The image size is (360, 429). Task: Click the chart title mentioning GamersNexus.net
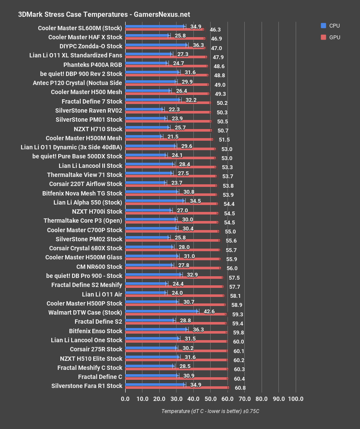pyautogui.click(x=104, y=14)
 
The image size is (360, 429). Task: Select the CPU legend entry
pyautogui.click(x=331, y=26)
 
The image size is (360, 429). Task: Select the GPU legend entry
pyautogui.click(x=331, y=38)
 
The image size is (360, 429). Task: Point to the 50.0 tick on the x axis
pyautogui.click(x=210, y=398)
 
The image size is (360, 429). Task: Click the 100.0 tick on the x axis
pyautogui.click(x=296, y=398)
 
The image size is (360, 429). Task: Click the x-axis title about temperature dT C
pyautogui.click(x=210, y=411)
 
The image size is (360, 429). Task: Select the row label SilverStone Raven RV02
pyautogui.click(x=89, y=110)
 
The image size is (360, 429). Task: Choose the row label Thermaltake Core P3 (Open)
pyautogui.click(x=83, y=221)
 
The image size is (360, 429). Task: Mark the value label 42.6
pyautogui.click(x=209, y=311)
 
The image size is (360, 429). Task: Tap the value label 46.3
pyautogui.click(x=215, y=30)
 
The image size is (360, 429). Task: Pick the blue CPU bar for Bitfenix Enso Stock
pyautogui.click(x=156, y=329)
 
